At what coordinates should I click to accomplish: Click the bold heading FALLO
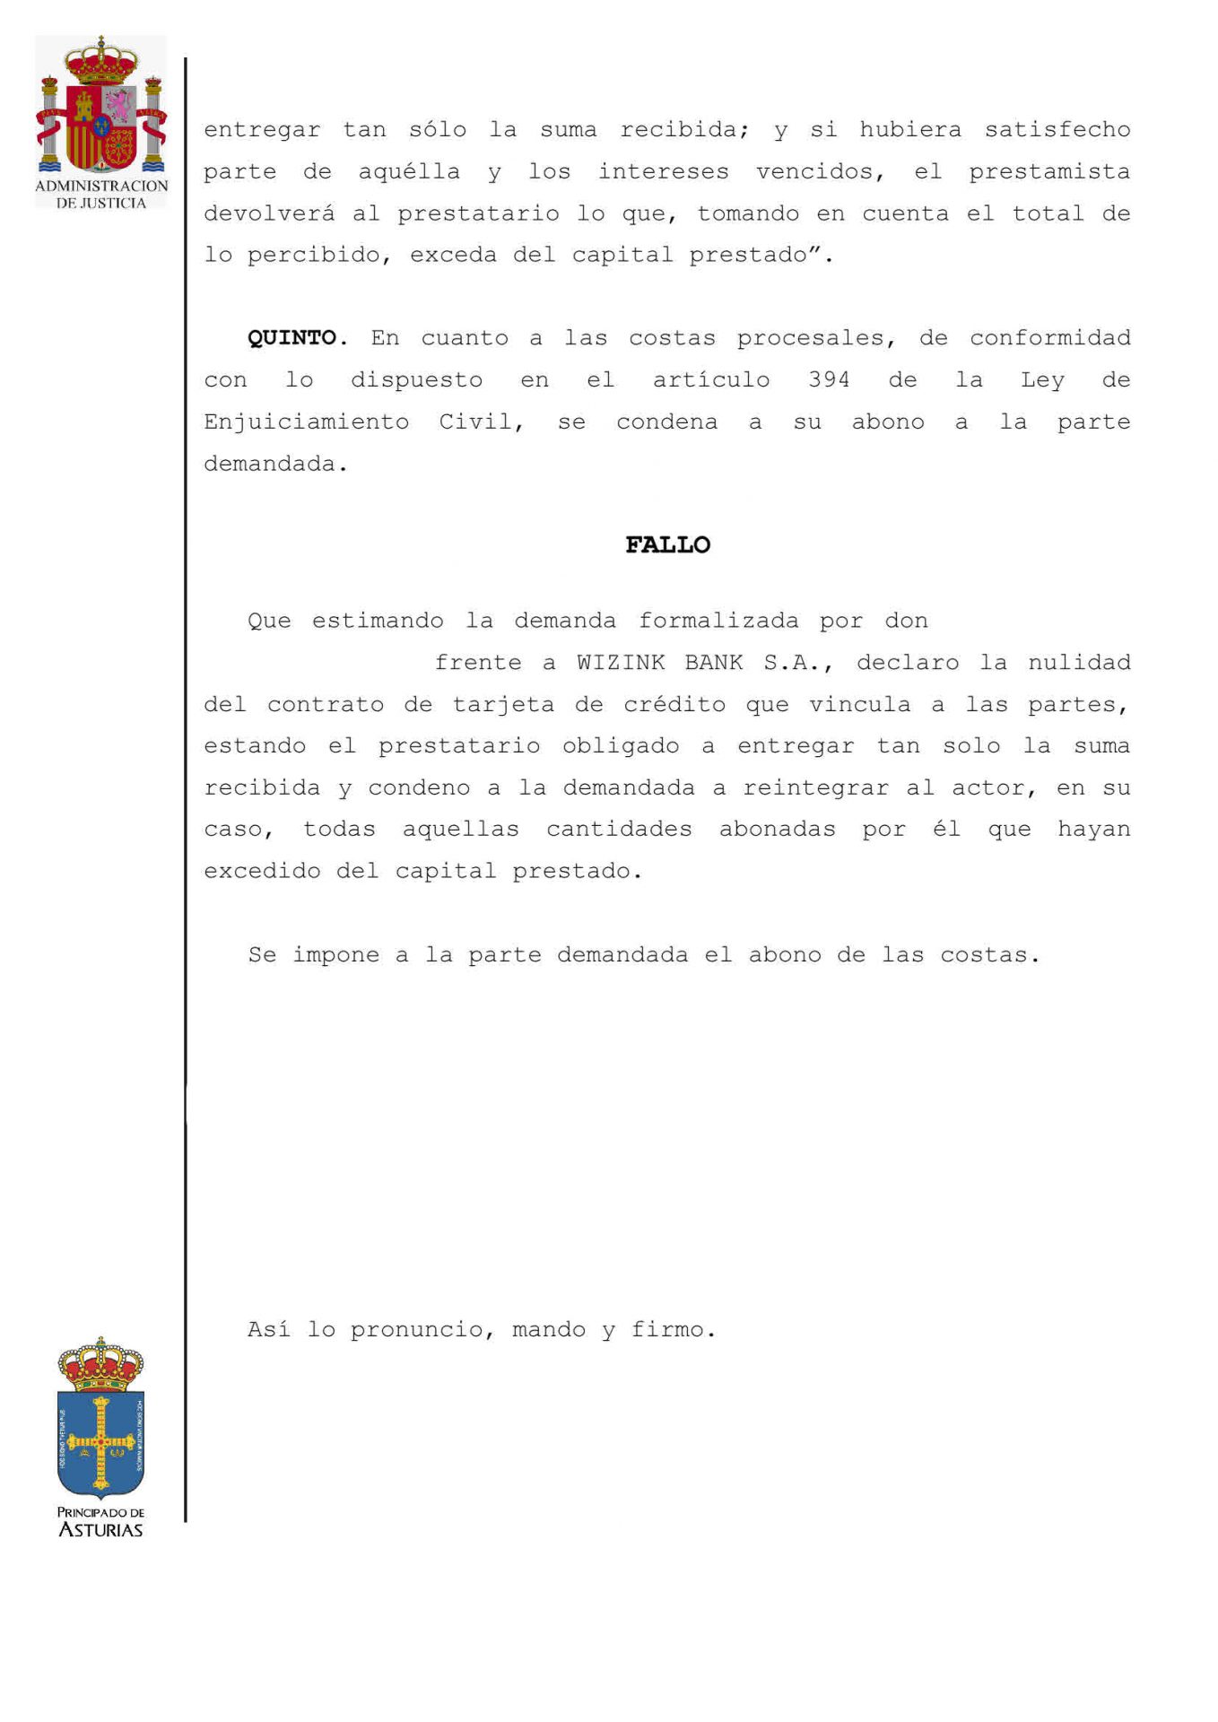[667, 545]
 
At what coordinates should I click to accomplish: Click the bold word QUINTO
[292, 338]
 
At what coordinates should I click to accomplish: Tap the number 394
[828, 380]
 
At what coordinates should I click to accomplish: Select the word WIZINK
[621, 663]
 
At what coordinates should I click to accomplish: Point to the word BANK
[714, 663]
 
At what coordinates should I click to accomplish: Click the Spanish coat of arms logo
[101, 108]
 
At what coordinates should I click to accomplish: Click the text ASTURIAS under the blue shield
[100, 1530]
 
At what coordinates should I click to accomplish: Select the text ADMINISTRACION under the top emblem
[101, 187]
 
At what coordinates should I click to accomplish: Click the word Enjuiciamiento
[306, 422]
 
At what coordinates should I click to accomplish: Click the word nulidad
[1079, 663]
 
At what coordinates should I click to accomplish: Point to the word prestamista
[1049, 171]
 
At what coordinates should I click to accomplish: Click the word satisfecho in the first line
[1057, 130]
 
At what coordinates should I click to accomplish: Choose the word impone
[335, 955]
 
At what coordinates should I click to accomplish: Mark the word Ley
[1042, 380]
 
